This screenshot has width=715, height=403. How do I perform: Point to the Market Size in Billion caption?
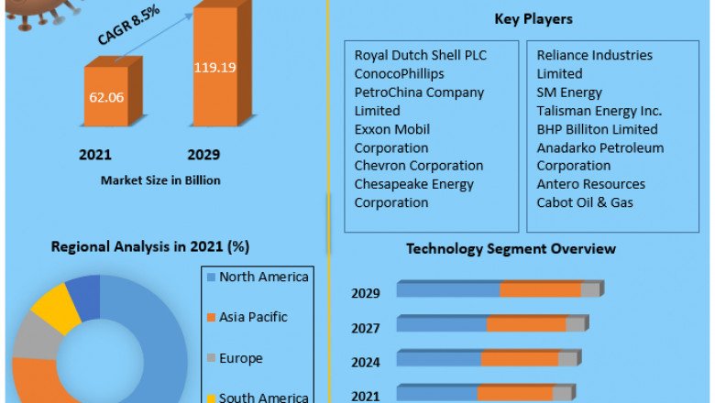pos(160,180)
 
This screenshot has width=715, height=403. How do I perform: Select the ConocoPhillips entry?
pos(400,73)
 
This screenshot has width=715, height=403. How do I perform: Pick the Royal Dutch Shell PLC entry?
pos(421,55)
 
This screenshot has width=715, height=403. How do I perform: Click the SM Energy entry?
pos(569,92)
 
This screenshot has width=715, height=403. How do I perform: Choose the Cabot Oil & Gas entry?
pos(585,202)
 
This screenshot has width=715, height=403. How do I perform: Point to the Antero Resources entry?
pos(590,184)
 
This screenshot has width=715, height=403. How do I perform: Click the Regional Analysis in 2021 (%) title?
pos(150,246)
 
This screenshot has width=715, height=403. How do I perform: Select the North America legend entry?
pos(263,277)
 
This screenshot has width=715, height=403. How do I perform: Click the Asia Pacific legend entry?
pos(252,317)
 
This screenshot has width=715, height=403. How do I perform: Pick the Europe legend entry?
pos(240,358)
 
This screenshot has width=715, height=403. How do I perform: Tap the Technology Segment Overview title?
pos(511,248)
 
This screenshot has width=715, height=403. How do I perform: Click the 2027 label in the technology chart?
pos(365,327)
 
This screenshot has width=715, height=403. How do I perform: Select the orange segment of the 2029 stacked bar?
pos(541,289)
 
